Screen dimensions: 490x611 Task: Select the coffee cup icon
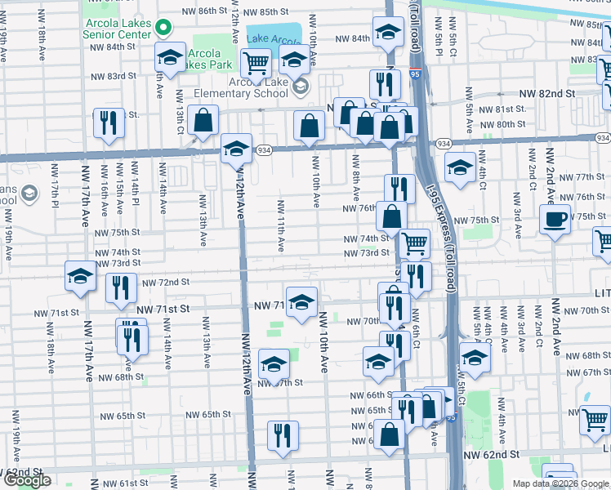point(555,220)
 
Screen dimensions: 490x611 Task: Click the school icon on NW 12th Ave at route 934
point(236,149)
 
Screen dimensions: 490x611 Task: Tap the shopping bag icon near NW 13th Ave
point(202,121)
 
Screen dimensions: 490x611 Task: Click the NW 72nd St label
point(166,283)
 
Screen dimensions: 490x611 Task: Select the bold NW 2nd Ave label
point(555,326)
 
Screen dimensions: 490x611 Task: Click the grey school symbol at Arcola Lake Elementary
point(300,87)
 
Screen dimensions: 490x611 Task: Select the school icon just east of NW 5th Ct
point(475,356)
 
